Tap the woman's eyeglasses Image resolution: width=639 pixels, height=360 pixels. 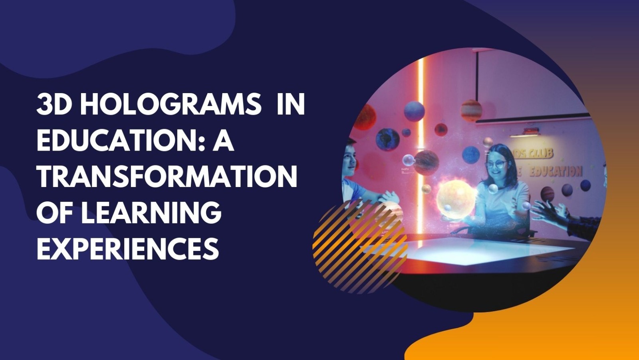tap(496, 164)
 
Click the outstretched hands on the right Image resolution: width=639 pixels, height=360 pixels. tap(551, 212)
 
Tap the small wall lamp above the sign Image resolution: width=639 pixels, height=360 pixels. tap(530, 131)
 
